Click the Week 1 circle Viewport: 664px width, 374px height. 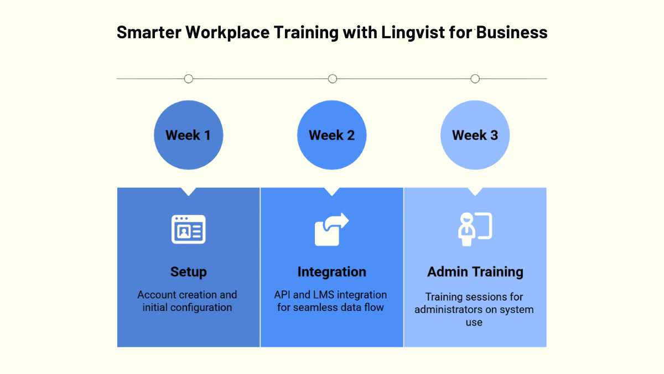188,135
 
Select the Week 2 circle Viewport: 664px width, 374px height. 331,135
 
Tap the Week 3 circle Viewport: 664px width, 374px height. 475,135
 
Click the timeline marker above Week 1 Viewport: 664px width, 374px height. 189,79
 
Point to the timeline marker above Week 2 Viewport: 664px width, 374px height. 333,79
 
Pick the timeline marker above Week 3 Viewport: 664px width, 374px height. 475,79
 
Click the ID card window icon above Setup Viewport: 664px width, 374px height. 188,229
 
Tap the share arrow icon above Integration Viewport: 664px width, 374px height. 331,229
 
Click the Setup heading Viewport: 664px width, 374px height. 188,272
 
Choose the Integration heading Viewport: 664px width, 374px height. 331,272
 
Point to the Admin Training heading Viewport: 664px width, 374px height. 475,272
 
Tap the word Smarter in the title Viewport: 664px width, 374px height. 148,33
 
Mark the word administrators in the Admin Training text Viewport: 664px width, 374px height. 448,310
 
